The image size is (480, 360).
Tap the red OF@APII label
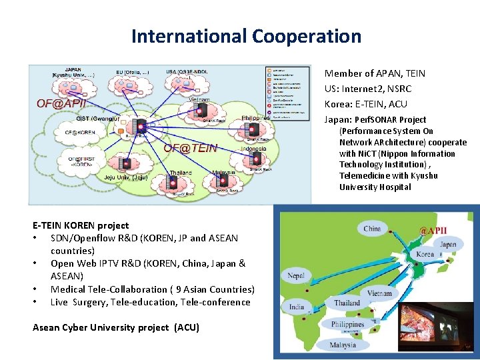pyautogui.click(x=59, y=103)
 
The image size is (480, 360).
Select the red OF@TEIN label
pyautogui.click(x=191, y=148)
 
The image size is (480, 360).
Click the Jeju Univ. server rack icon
pyautogui.click(x=125, y=164)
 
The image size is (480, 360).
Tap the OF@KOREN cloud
pyautogui.click(x=80, y=133)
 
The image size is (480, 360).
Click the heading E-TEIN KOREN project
pyautogui.click(x=81, y=225)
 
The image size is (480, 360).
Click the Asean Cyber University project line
pyautogui.click(x=115, y=327)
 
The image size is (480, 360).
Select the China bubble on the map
pyautogui.click(x=372, y=229)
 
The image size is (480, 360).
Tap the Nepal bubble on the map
pyautogui.click(x=297, y=275)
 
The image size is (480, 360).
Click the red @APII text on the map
pyautogui.click(x=433, y=231)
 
